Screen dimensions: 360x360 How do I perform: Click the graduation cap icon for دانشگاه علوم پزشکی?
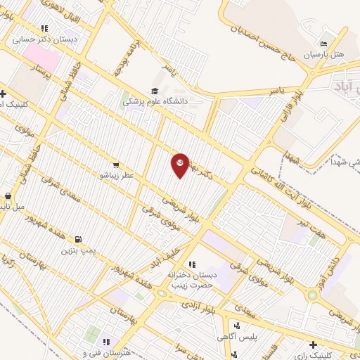pos(155,91)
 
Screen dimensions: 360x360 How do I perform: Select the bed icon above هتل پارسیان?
pos(323,43)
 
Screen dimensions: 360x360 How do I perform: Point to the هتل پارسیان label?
pos(323,53)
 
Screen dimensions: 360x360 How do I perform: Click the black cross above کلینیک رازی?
pos(313,345)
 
